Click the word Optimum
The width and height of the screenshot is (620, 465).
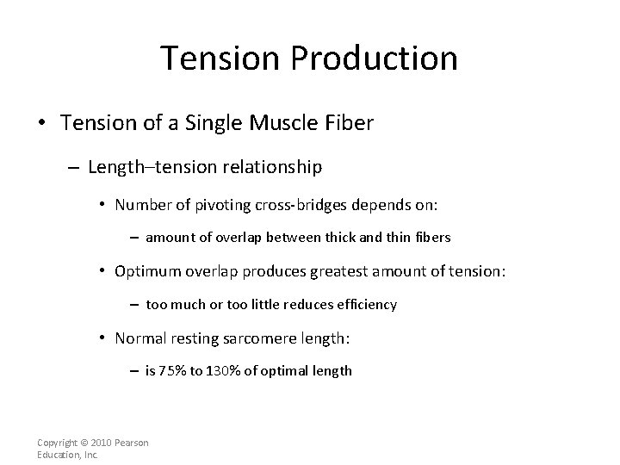150,271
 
